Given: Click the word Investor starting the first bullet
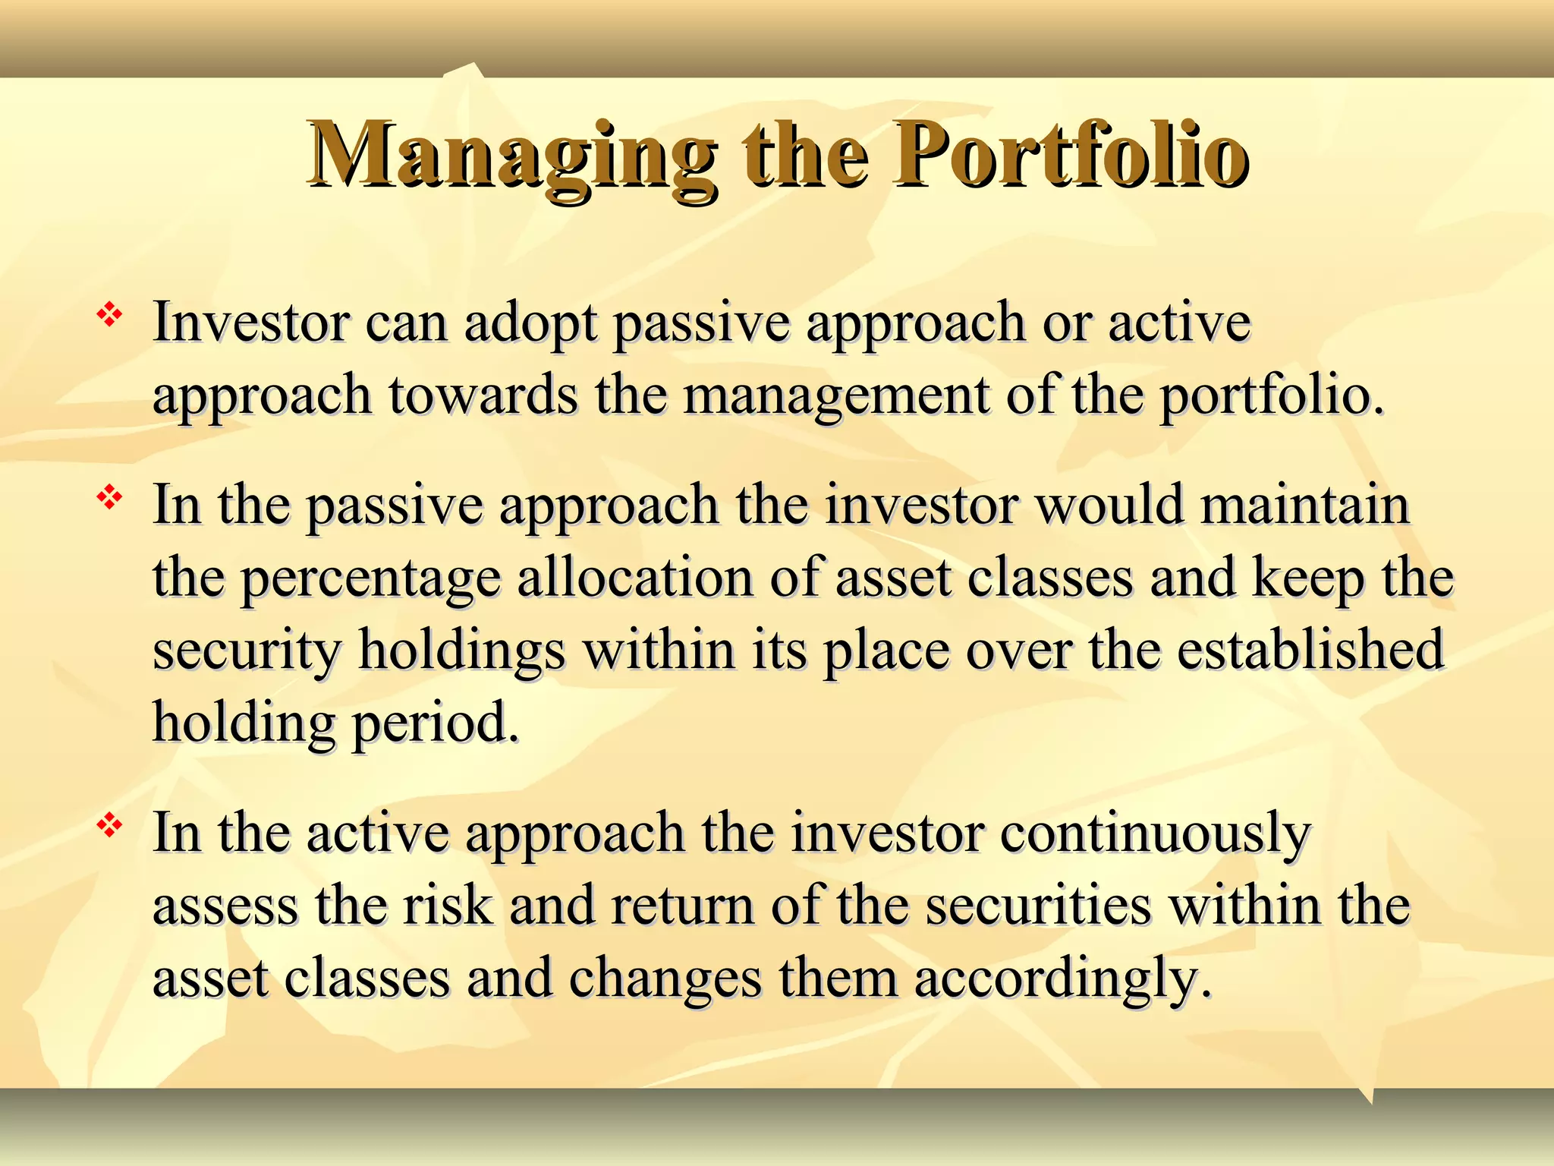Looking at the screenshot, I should (x=250, y=323).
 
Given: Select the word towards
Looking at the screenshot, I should (x=483, y=396).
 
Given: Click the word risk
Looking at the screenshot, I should (x=448, y=906).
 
